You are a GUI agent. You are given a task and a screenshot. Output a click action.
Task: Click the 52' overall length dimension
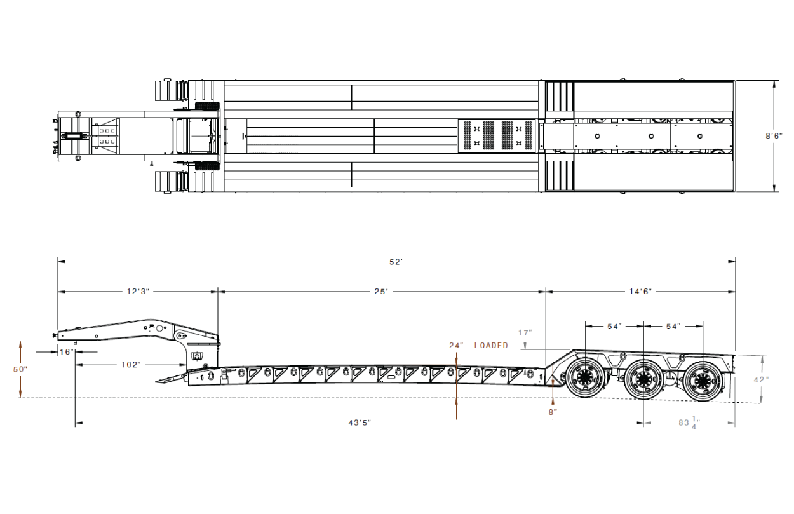(396, 262)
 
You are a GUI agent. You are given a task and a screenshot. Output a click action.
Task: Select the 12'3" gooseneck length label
(138, 292)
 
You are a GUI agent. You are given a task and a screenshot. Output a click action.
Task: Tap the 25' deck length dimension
(381, 292)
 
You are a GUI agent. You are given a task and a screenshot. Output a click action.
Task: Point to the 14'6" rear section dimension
(640, 292)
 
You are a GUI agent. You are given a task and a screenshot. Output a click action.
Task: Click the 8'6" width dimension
(774, 136)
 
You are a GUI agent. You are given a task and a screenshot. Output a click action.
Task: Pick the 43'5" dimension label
(360, 423)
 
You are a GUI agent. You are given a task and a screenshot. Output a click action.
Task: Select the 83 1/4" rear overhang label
(689, 423)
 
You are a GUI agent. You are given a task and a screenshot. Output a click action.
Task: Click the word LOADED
(491, 345)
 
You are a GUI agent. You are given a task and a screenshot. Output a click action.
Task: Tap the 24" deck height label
(456, 345)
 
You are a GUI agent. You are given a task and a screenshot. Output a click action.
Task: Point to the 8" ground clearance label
(553, 412)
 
